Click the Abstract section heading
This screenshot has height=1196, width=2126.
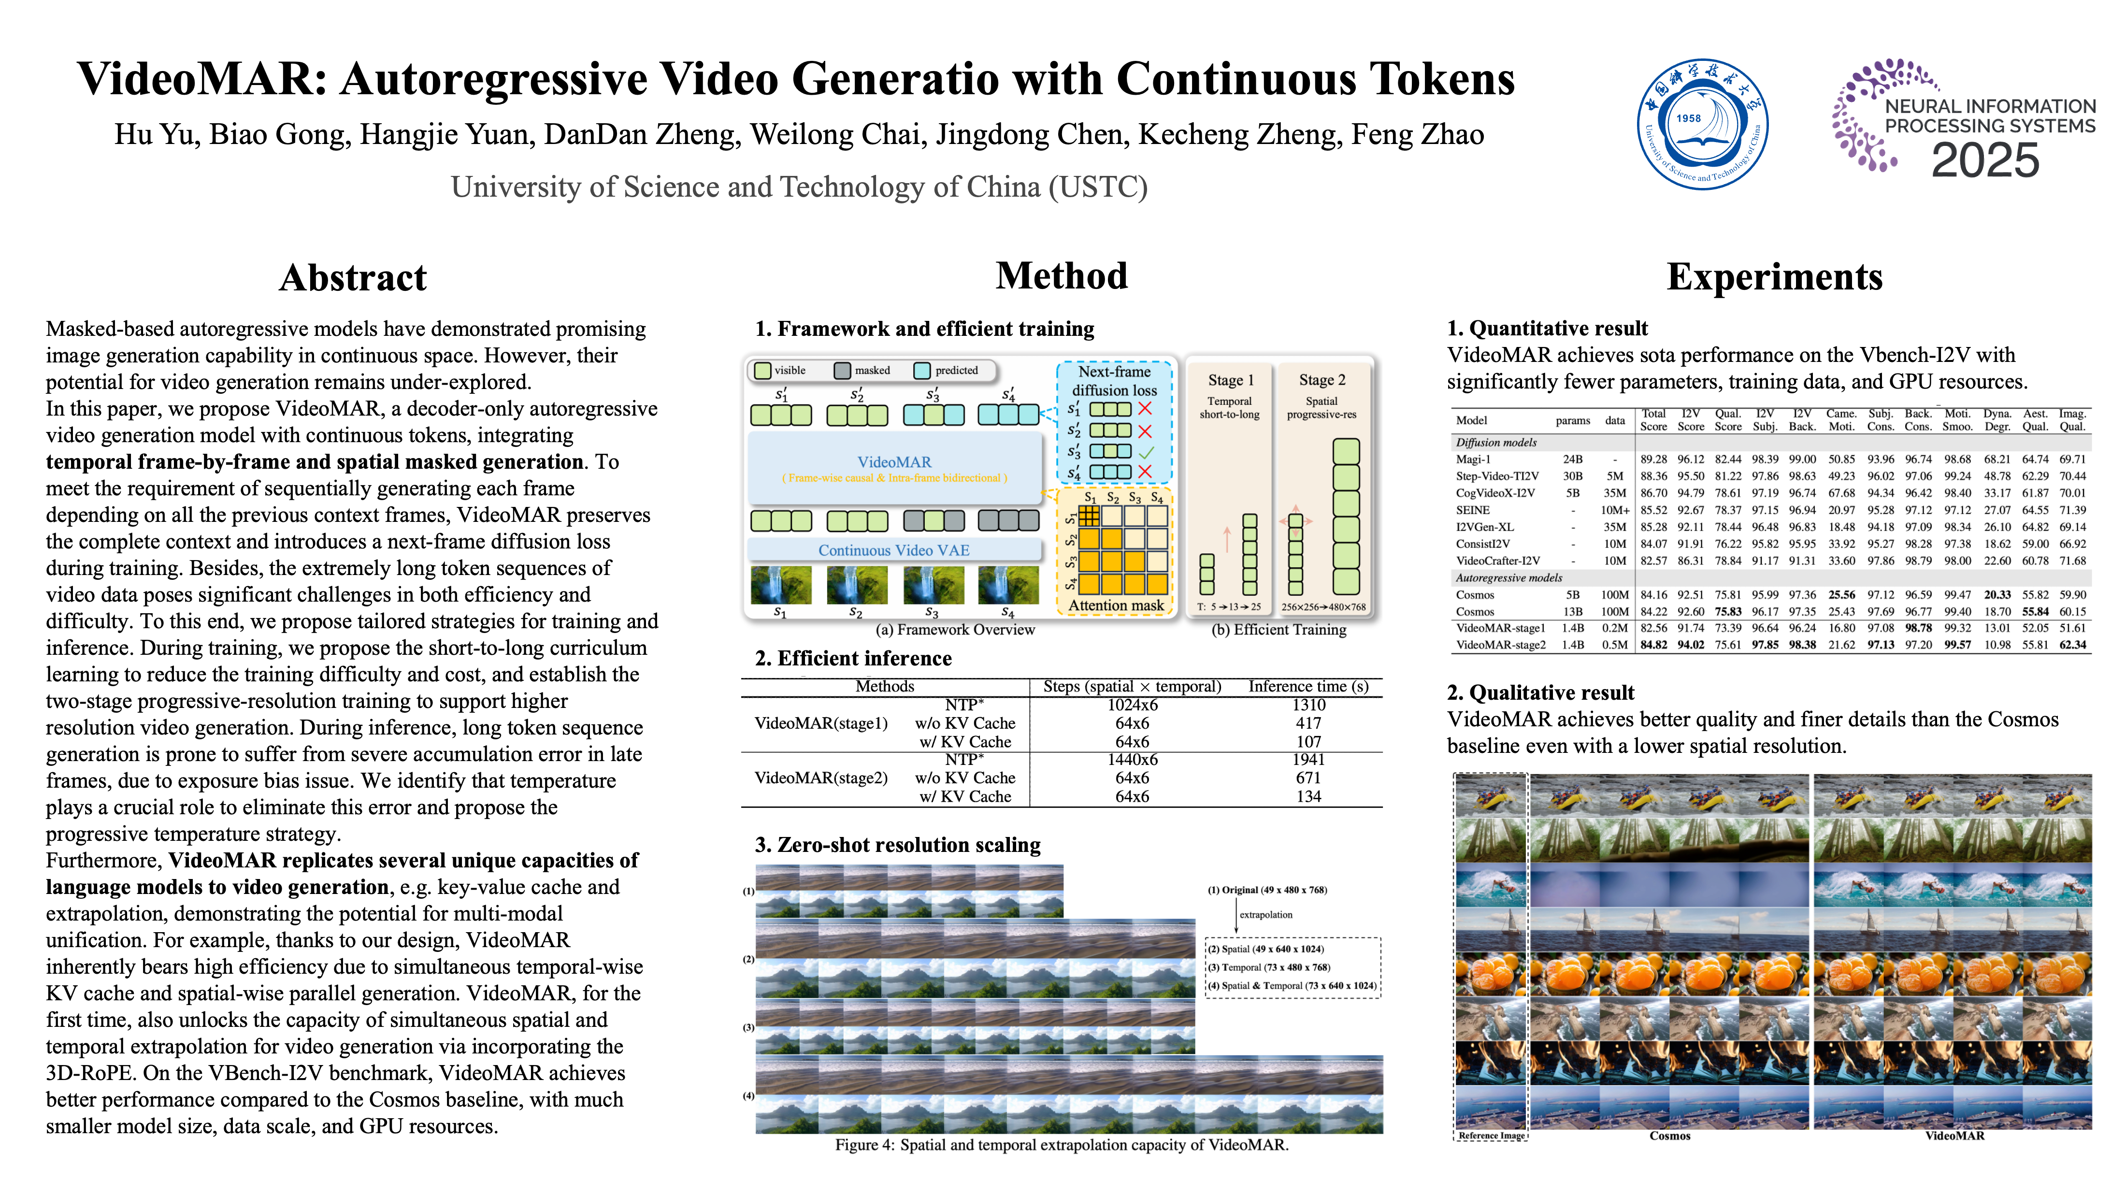coord(353,277)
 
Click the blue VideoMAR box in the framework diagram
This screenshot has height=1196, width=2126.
coord(895,468)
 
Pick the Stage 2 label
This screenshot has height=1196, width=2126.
coord(1322,380)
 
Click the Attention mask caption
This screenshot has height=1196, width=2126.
coord(1116,605)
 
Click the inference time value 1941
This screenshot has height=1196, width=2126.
coord(1309,759)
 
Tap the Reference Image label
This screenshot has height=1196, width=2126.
coord(1491,1136)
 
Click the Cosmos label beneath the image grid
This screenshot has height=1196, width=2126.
coord(1669,1136)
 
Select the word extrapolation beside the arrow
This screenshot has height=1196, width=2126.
coord(1266,915)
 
